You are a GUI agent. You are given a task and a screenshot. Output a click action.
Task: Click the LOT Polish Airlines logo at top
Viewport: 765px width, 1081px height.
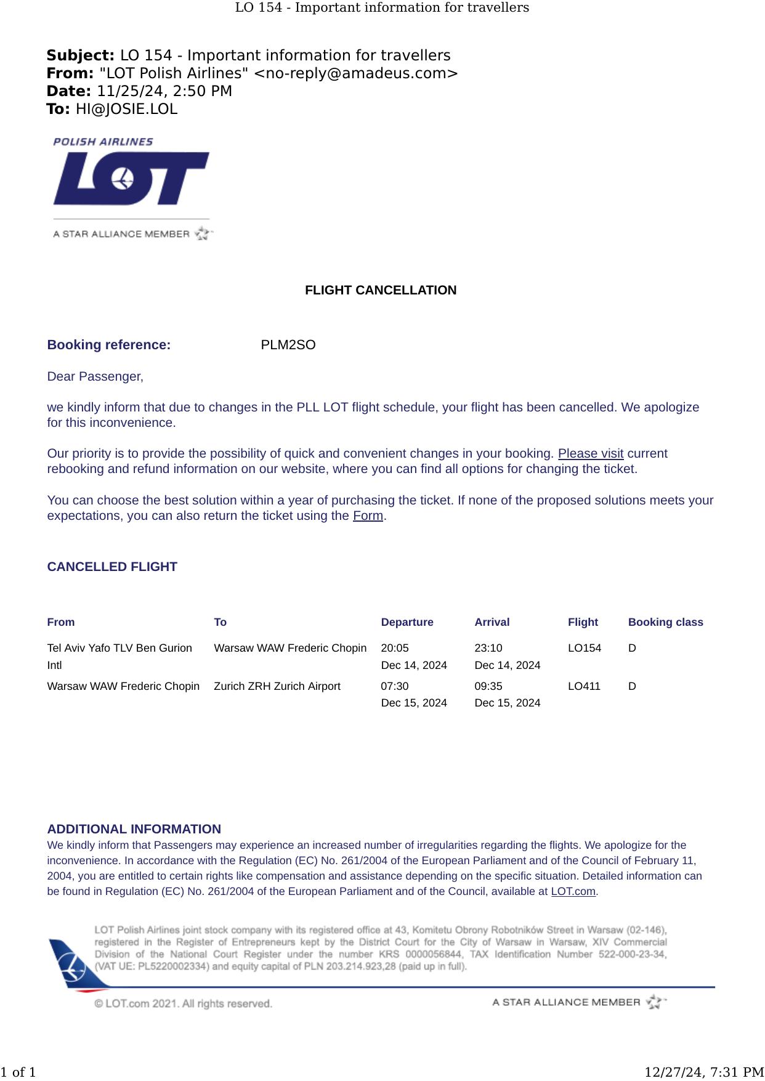(x=131, y=179)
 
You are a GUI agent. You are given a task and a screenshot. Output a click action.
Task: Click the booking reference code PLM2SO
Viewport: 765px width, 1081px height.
(x=288, y=345)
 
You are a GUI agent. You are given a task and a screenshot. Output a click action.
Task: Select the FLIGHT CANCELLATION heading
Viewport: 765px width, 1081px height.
(x=381, y=290)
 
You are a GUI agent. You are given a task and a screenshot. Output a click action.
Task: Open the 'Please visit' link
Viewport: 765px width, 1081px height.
(x=590, y=454)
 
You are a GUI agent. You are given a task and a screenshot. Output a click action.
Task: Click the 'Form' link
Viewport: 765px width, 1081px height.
(x=368, y=516)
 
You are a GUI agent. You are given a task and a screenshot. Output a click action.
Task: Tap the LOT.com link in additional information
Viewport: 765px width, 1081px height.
(x=573, y=891)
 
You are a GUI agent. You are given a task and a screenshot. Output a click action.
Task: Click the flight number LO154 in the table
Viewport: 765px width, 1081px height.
(x=584, y=648)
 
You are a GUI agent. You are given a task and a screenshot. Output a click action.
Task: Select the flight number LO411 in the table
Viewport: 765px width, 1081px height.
(x=583, y=686)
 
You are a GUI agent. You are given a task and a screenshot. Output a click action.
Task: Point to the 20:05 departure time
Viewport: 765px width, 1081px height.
(x=395, y=648)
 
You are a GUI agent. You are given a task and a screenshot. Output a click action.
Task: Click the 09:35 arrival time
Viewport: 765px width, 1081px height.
(x=488, y=686)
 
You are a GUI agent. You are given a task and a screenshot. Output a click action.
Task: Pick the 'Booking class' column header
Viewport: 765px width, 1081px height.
(x=665, y=622)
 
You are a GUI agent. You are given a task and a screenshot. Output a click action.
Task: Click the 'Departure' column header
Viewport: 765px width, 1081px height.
(x=407, y=622)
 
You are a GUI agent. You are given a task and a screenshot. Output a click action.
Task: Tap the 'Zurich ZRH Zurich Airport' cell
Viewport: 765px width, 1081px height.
(x=277, y=686)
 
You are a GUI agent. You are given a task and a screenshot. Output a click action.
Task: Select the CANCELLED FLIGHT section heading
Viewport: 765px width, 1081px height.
(x=112, y=567)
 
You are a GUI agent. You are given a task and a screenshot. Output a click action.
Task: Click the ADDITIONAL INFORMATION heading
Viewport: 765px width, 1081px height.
(x=134, y=829)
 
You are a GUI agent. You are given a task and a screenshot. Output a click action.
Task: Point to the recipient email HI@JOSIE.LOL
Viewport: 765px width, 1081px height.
(x=126, y=110)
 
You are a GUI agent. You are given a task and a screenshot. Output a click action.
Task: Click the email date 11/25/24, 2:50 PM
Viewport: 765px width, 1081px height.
(x=164, y=91)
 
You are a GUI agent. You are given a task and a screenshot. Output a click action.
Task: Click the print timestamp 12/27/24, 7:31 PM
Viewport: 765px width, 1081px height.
(x=703, y=1072)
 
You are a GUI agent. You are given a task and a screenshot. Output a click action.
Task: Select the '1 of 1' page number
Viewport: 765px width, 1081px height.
(x=18, y=1072)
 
